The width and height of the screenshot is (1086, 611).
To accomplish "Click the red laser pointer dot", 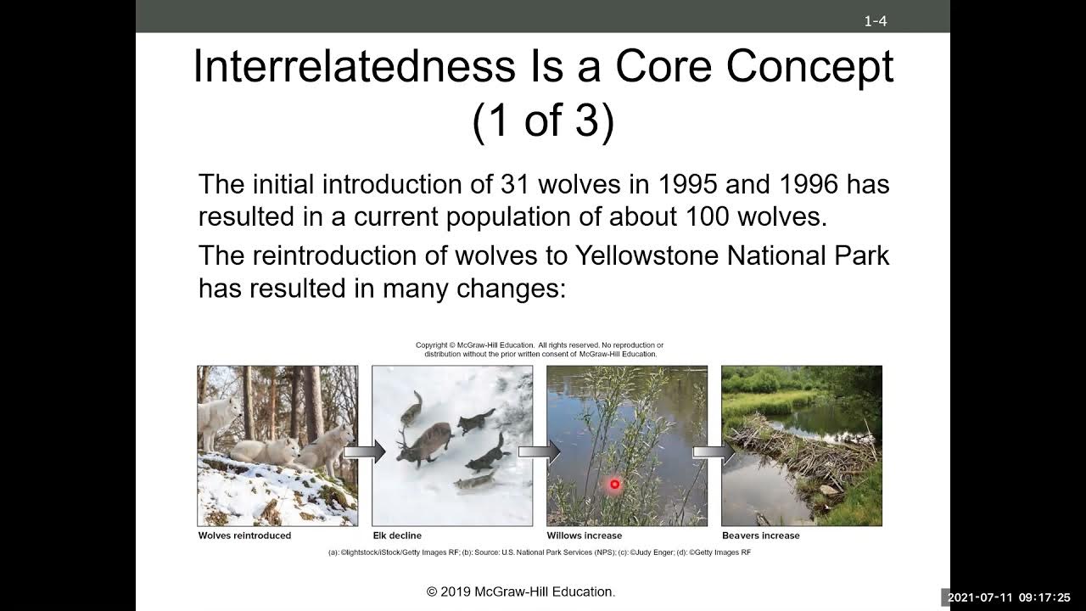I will tap(614, 485).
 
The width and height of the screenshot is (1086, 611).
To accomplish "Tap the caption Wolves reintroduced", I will tap(244, 535).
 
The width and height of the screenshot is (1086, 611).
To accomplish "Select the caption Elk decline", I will tap(397, 535).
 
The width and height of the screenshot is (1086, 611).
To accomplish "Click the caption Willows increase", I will tap(584, 535).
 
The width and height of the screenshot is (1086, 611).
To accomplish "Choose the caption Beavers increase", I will tap(760, 535).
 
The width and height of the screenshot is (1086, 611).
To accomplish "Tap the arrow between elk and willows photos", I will tap(540, 451).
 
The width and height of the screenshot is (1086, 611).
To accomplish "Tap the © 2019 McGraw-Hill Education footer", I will tap(521, 591).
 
